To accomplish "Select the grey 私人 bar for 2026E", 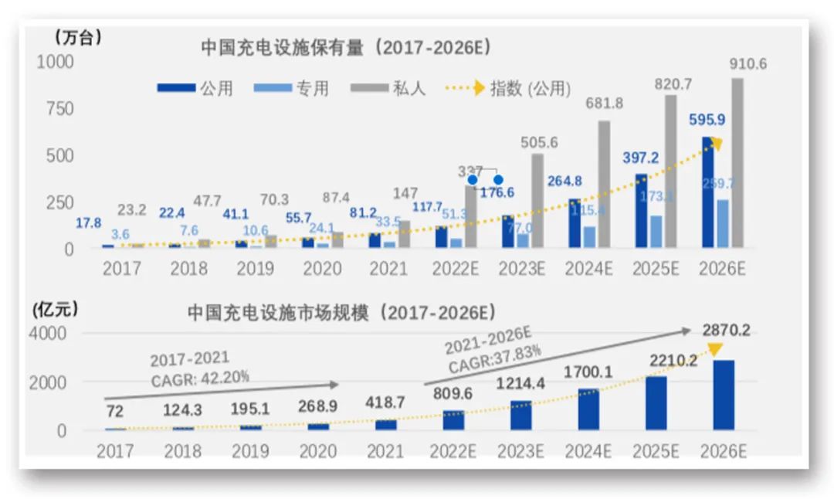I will (737, 163).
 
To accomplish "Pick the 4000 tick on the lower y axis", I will (50, 334).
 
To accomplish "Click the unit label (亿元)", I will (56, 310).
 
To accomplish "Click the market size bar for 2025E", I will (656, 402).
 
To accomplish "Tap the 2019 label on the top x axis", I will (255, 268).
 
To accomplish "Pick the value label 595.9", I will (706, 121).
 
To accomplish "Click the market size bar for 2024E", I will (589, 409).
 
